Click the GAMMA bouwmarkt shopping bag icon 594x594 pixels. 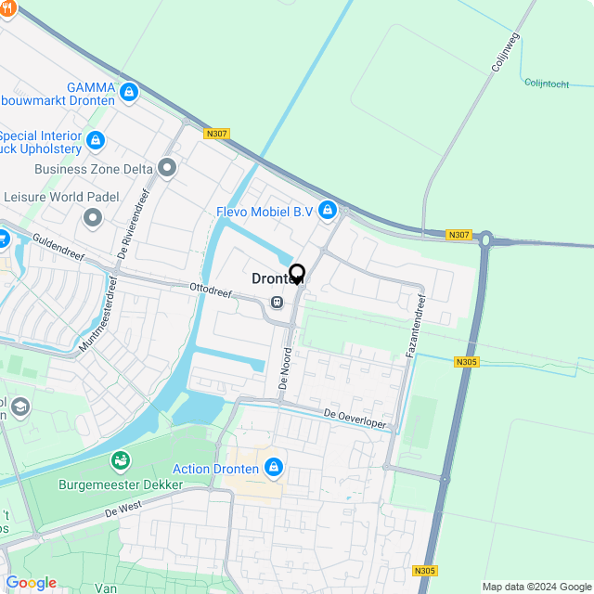129,93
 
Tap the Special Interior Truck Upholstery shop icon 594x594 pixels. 95,141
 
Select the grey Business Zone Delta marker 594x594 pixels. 167,168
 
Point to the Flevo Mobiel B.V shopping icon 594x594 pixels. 327,212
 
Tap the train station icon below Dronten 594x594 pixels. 277,302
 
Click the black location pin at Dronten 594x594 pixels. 297,275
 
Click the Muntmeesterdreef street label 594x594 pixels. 99,315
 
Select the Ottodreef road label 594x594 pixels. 210,291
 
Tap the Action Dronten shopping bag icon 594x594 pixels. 273,467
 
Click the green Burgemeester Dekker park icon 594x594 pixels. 121,460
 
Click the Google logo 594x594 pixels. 31,583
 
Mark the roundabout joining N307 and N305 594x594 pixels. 485,239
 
